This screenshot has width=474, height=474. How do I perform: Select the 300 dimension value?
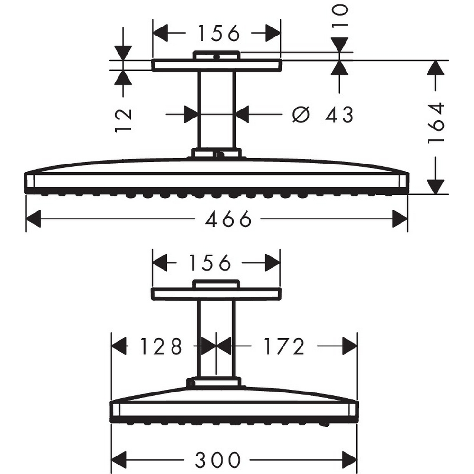[218, 459]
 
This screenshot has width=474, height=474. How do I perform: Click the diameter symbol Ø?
[301, 114]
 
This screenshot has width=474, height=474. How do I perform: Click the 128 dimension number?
[161, 347]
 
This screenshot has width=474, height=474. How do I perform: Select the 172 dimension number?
[283, 347]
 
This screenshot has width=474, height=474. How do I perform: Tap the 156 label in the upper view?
[219, 33]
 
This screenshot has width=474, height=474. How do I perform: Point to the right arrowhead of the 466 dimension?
[401, 219]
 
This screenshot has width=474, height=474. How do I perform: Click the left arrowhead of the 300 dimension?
[118, 459]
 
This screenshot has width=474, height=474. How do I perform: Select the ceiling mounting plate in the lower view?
[216, 293]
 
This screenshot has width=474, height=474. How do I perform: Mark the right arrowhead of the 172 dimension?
[350, 347]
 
